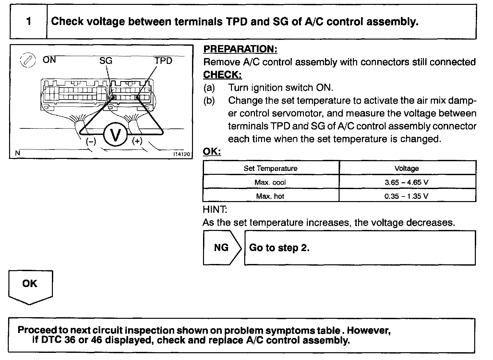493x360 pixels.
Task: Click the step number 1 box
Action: tap(29, 22)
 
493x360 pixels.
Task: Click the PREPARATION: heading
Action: tap(240, 49)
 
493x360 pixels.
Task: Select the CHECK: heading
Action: tap(222, 75)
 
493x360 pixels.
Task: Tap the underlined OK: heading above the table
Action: tap(211, 151)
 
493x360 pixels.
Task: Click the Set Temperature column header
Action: tap(271, 168)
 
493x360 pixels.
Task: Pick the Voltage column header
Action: tap(407, 168)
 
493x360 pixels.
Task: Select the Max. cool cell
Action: tap(270, 182)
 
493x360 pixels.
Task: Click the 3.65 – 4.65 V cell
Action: tap(406, 182)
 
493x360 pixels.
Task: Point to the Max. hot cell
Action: tap(270, 196)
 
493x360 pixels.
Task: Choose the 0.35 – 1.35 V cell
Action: tap(406, 196)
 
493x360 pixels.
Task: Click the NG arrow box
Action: tap(222, 248)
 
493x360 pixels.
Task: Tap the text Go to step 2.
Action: tap(279, 248)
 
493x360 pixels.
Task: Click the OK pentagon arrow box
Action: tap(30, 285)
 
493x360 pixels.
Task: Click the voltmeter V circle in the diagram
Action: tap(115, 135)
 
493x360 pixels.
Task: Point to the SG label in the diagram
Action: tap(106, 61)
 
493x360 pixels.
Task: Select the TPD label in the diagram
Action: tap(163, 61)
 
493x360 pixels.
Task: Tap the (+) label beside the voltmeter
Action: tap(137, 141)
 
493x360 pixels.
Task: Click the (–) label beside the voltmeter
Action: tap(91, 141)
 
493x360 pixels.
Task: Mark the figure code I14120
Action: tap(182, 154)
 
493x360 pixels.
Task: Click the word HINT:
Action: tap(215, 210)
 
